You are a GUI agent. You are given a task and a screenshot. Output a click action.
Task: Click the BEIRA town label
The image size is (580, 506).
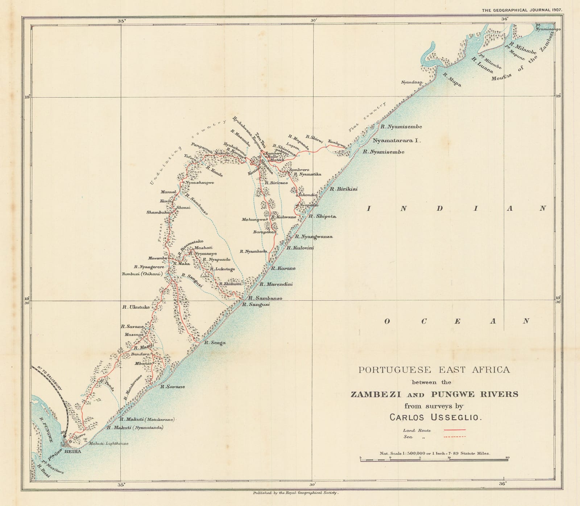point(72,452)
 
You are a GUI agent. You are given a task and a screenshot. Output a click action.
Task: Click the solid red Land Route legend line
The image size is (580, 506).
point(455,430)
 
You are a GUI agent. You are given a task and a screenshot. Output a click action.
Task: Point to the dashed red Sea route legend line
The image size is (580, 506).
point(455,437)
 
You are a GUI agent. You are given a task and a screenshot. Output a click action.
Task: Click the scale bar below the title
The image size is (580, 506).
point(434,460)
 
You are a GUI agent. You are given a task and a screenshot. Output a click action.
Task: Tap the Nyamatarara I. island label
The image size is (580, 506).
point(397,140)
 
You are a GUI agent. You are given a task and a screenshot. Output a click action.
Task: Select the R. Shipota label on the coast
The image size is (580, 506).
point(322,216)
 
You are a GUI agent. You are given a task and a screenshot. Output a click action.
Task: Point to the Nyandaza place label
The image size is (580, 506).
point(411,82)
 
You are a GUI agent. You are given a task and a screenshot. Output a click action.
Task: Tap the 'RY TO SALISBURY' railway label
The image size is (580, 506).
point(50,378)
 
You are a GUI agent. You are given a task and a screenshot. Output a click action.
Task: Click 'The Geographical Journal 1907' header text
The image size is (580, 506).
point(522,10)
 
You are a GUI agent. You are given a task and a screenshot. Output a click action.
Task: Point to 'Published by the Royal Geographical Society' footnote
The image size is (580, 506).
point(295,493)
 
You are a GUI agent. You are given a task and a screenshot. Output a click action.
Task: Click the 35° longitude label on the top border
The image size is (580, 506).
point(121,21)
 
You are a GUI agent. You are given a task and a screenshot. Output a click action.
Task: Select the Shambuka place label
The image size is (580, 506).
point(158,212)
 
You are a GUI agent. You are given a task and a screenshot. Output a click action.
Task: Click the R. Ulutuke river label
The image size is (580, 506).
point(136,307)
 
